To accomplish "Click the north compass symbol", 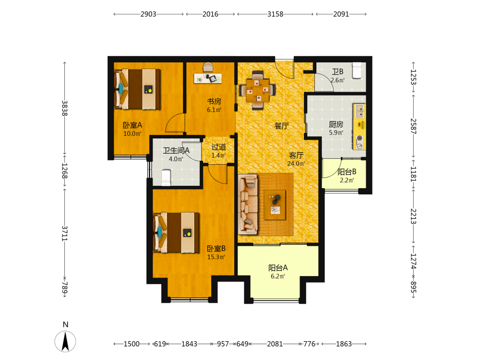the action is [65, 341].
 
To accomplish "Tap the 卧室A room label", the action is [132, 125].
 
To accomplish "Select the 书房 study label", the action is [214, 101].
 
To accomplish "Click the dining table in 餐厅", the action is [258, 90].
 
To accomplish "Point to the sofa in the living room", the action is [248, 204].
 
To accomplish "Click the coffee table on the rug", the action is [275, 205].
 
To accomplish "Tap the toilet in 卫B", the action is [357, 71].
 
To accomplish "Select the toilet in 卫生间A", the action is [166, 178].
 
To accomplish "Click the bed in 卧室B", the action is [176, 233].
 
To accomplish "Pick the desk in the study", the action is [208, 78].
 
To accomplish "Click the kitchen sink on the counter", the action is [360, 111].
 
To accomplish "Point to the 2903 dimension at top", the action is [148, 14].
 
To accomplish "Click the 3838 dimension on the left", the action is [65, 108].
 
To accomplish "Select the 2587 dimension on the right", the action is [413, 126].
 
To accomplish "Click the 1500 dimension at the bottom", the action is [132, 344].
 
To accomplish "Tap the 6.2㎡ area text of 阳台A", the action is [278, 276].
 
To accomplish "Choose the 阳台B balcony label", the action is [347, 172].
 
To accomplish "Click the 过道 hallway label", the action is [218, 147].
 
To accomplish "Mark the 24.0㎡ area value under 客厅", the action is [296, 164].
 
